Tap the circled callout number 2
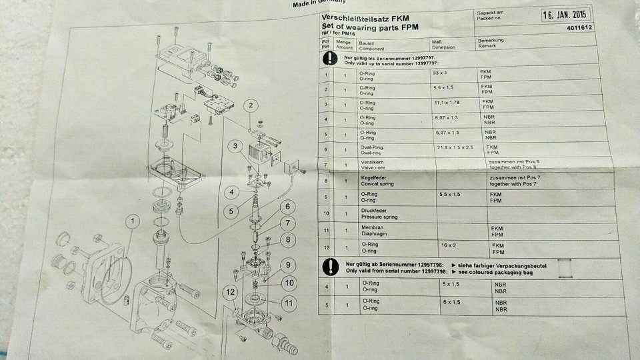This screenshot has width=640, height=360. click(x=251, y=105)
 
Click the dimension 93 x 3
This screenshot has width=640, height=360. click(x=441, y=70)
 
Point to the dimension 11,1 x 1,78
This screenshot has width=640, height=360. click(x=446, y=103)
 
